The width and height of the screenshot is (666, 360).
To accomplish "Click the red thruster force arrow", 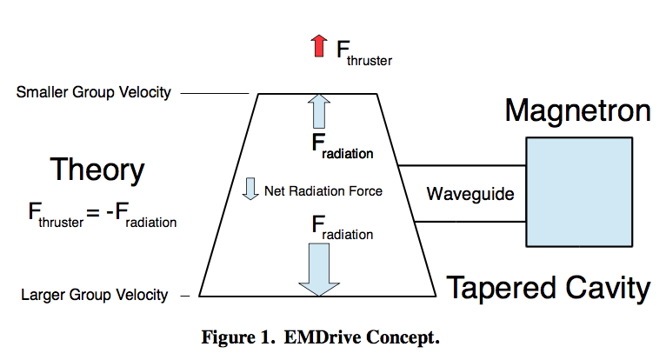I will click(x=319, y=46).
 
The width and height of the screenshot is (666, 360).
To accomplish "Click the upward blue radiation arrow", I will click(x=318, y=111).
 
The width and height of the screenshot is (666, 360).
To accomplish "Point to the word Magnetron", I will click(x=577, y=111).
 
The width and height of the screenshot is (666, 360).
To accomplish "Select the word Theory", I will click(x=97, y=170).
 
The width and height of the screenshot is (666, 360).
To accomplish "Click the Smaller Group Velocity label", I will click(x=93, y=92).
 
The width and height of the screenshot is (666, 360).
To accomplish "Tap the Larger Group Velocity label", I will click(x=94, y=296).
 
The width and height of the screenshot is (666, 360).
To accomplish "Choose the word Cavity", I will click(x=605, y=288).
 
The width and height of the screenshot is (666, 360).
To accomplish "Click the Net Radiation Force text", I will click(x=323, y=190).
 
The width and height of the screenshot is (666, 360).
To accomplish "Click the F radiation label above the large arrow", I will click(x=343, y=230).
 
